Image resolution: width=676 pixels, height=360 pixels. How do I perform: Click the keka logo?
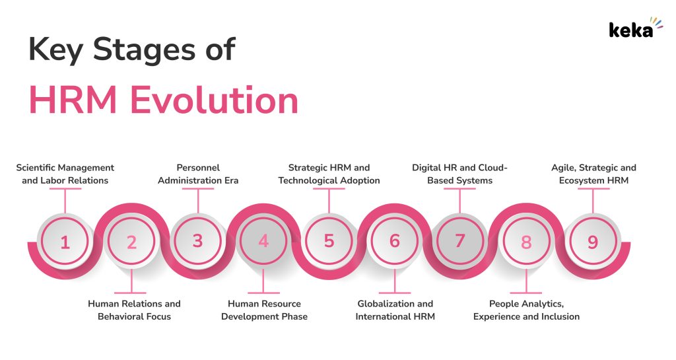tap(630, 30)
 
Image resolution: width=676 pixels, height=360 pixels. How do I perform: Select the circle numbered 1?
tap(65, 242)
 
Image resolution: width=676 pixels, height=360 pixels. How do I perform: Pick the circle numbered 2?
tap(131, 242)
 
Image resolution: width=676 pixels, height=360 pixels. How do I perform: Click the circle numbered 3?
tap(197, 241)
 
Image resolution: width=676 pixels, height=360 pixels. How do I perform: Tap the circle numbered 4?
tap(263, 242)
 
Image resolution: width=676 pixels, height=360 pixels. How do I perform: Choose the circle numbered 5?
tap(329, 241)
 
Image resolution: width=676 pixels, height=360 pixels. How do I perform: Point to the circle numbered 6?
tap(395, 242)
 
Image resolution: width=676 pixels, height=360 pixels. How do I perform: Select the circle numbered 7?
tap(460, 241)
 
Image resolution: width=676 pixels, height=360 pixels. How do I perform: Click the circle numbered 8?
tap(526, 242)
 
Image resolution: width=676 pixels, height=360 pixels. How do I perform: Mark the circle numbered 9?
tap(592, 242)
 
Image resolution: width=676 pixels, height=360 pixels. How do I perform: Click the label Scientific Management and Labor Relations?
tap(65, 174)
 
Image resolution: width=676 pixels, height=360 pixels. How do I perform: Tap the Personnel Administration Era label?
tap(198, 174)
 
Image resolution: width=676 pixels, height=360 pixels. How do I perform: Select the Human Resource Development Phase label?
tap(264, 310)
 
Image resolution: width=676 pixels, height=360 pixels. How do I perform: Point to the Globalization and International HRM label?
tap(395, 310)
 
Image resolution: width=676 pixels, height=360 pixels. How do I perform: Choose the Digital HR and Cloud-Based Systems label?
tap(459, 174)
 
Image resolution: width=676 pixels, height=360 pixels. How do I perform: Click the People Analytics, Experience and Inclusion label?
tap(526, 310)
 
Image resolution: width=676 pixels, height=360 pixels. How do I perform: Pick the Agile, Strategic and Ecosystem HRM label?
tap(593, 174)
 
